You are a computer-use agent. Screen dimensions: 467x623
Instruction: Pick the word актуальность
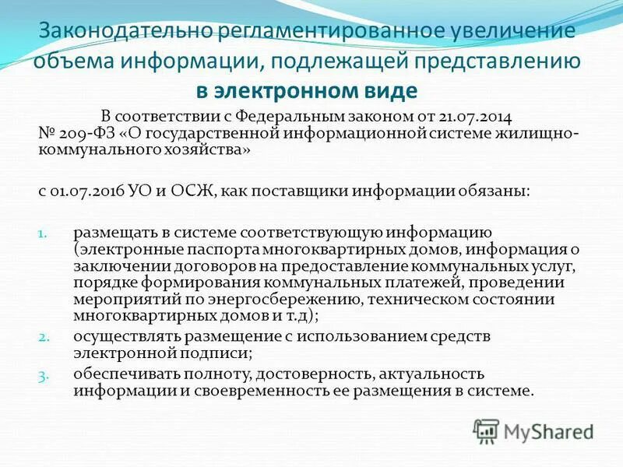424,374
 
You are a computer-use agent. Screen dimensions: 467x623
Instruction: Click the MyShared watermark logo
533,430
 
